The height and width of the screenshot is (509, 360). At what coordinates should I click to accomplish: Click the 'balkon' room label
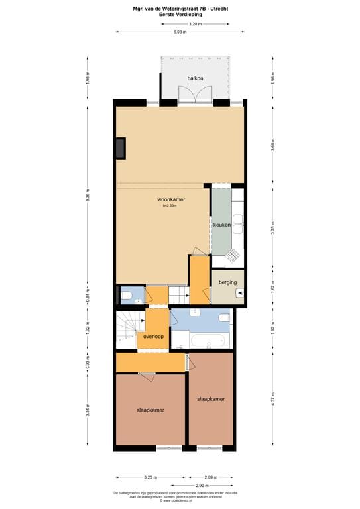[x=195, y=78]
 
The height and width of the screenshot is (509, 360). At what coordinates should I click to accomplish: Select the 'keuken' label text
[x=221, y=225]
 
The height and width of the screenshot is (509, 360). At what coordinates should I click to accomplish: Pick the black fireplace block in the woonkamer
[x=120, y=148]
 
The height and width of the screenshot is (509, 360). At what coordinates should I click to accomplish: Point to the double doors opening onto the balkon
[x=195, y=96]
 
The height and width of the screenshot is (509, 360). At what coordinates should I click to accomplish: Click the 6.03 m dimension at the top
[x=180, y=31]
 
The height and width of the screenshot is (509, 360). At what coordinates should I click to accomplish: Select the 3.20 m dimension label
[x=194, y=23]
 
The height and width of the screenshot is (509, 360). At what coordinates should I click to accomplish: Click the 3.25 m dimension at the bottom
[x=150, y=477]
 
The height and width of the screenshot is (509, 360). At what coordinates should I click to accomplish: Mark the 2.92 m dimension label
[x=211, y=485]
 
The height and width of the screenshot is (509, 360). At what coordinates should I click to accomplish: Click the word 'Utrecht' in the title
[x=217, y=9]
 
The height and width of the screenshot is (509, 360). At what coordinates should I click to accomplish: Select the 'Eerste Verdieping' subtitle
[x=180, y=14]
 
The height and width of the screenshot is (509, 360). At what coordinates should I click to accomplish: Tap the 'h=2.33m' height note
[x=170, y=206]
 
